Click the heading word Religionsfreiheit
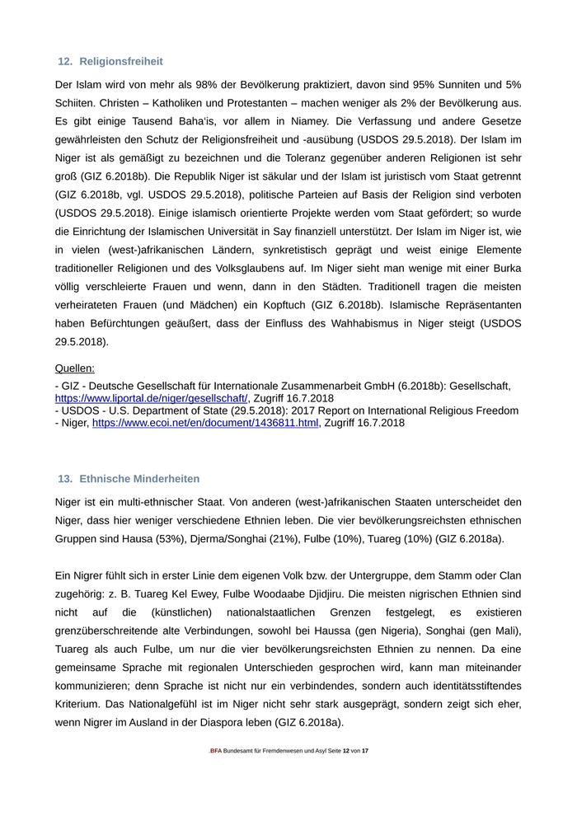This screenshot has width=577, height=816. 121,61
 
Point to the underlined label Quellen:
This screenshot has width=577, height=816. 75,368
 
